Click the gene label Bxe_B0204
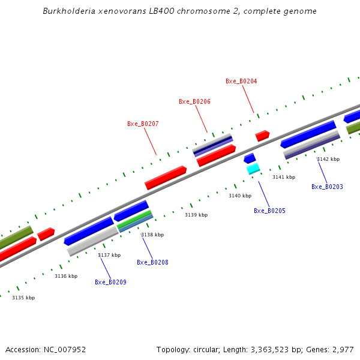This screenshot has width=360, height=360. click(x=241, y=81)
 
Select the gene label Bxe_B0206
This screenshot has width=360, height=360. click(x=194, y=102)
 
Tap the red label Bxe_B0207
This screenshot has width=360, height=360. click(x=143, y=124)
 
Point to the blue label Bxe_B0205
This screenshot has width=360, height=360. click(x=269, y=211)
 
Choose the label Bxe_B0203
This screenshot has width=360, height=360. click(x=327, y=187)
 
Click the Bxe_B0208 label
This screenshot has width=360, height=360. click(x=152, y=263)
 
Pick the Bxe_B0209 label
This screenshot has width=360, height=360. click(x=110, y=283)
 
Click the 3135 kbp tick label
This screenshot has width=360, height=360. click(x=23, y=298)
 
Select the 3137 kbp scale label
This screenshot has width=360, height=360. click(x=109, y=256)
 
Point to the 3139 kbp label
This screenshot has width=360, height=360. click(x=196, y=215)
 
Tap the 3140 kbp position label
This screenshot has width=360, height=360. click(x=240, y=196)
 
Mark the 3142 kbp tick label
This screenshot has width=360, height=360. click(x=328, y=160)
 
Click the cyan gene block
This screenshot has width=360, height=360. click(x=253, y=169)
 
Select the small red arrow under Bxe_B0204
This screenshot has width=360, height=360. click(x=262, y=136)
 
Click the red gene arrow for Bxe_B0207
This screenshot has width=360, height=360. click(x=166, y=177)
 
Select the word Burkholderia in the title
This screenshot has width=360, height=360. click(x=65, y=11)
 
